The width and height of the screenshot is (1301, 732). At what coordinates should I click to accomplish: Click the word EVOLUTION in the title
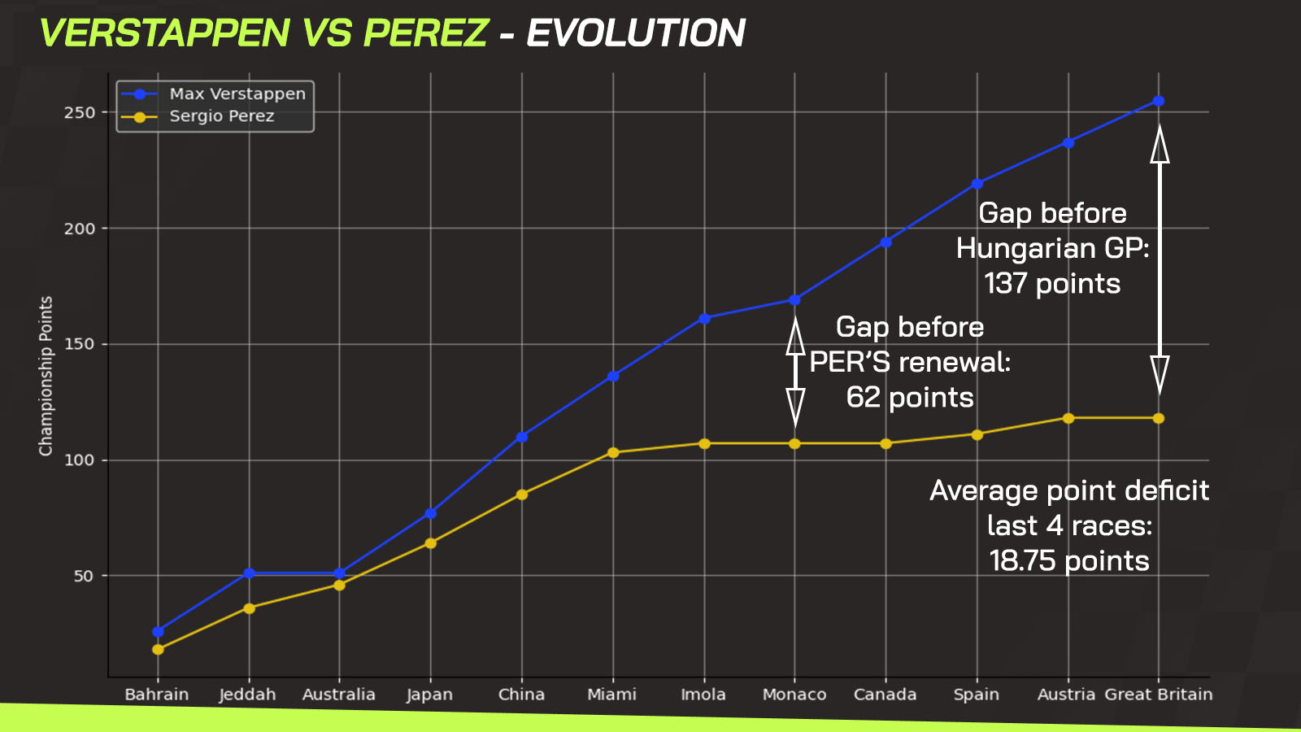[635, 33]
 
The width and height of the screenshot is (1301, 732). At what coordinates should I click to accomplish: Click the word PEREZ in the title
[426, 33]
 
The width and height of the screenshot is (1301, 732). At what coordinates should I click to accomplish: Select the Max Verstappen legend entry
[214, 94]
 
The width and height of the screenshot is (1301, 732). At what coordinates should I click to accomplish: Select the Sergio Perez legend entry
[198, 117]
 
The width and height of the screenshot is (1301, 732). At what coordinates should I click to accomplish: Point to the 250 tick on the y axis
[80, 113]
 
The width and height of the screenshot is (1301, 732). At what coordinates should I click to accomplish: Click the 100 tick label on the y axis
[80, 460]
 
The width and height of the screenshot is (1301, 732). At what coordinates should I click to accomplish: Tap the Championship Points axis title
[46, 376]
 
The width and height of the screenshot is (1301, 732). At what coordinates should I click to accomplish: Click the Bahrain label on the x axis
[157, 695]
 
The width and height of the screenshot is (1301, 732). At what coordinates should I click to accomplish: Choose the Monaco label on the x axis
[794, 695]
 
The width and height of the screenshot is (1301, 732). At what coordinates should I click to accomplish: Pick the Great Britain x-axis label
[1159, 695]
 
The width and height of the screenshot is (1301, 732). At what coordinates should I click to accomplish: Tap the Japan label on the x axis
[430, 695]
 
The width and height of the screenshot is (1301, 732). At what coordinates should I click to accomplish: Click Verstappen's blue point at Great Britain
[1159, 101]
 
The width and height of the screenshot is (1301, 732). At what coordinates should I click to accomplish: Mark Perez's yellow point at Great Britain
[1159, 418]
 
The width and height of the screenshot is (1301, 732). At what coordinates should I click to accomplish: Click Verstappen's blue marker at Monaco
[794, 300]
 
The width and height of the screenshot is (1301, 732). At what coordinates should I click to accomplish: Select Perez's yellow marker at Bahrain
[158, 650]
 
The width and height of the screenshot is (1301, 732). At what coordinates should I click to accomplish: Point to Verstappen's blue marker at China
[522, 437]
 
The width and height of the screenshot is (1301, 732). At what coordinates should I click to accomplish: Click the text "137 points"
[1052, 284]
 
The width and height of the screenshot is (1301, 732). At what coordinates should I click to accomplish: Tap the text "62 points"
[910, 398]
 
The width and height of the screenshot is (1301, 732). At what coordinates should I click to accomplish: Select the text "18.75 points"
[1069, 561]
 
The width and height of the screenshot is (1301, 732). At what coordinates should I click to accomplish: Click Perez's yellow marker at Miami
[613, 452]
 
